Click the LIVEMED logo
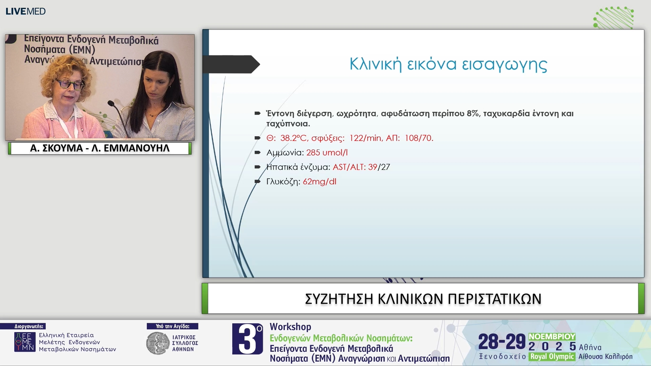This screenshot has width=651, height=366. point(25,11)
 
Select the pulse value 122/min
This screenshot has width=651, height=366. point(365,138)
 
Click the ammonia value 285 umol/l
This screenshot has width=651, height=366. point(327,152)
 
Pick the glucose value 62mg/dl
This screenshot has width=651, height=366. point(319,182)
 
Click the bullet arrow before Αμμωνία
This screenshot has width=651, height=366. point(258,152)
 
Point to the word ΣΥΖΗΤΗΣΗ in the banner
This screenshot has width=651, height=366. point(339,299)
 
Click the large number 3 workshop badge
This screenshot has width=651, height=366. point(248,339)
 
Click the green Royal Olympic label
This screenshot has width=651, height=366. point(552,357)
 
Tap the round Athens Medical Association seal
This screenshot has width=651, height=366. point(158,343)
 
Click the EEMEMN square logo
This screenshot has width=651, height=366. point(25,342)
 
